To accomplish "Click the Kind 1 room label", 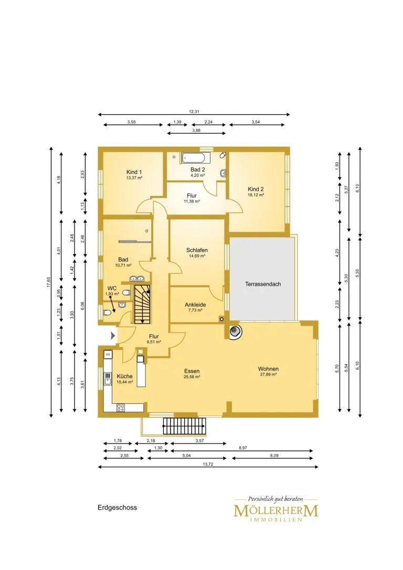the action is [x=134, y=172].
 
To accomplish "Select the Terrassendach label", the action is [x=263, y=284].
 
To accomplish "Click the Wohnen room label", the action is [x=269, y=369].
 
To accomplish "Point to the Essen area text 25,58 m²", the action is [x=192, y=377].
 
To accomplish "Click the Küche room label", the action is [x=124, y=377].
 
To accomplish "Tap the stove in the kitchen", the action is [x=120, y=407].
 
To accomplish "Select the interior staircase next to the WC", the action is [x=142, y=304].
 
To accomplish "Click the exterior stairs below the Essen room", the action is [x=184, y=426].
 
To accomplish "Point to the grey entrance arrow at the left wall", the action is [x=113, y=335].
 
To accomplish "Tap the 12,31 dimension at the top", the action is [x=194, y=112].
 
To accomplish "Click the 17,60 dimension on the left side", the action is [x=48, y=282].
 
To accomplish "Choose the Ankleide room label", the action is [x=195, y=305].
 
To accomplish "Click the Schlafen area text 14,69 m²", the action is [x=197, y=256].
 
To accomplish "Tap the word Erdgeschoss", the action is [x=117, y=508].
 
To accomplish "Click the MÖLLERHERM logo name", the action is [x=276, y=510].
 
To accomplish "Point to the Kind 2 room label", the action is [x=256, y=189].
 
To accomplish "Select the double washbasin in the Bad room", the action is [x=137, y=279].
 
